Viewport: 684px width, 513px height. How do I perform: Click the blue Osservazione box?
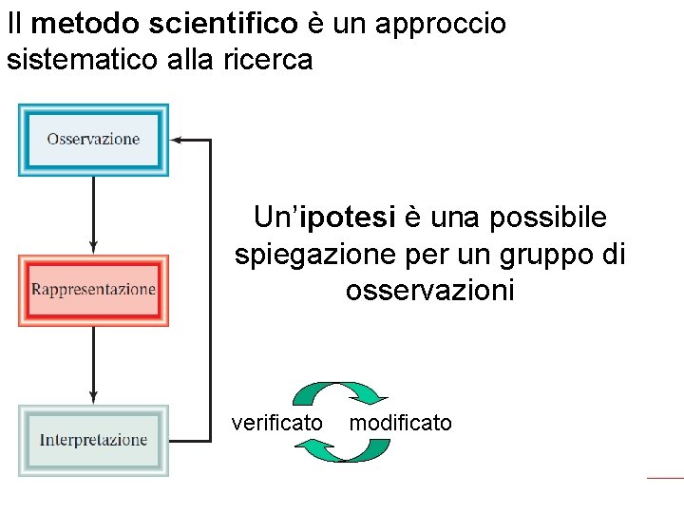click(93, 140)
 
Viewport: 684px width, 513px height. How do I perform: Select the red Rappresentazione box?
click(93, 290)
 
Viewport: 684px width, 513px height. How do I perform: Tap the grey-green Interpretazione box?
click(93, 440)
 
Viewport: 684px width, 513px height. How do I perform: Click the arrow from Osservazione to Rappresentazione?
click(93, 215)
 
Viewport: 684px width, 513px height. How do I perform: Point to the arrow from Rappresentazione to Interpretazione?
click(93, 365)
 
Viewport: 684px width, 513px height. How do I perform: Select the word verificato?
click(277, 423)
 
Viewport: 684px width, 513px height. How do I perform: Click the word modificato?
click(400, 423)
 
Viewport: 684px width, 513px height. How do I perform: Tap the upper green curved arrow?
click(338, 392)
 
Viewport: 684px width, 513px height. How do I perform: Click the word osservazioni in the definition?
click(429, 290)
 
